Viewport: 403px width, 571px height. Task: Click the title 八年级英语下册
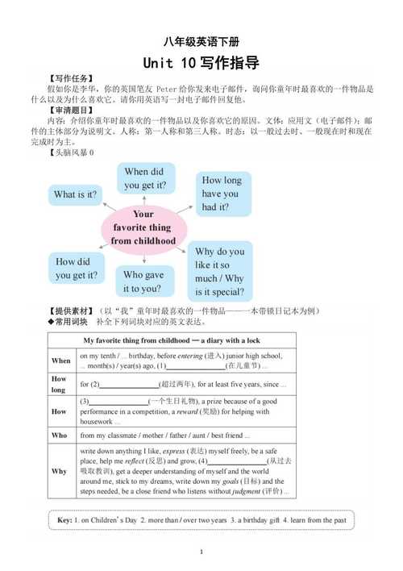point(201,42)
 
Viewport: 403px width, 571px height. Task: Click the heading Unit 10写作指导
point(201,63)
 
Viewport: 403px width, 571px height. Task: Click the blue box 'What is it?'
point(75,194)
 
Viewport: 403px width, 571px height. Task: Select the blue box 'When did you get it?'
point(144,179)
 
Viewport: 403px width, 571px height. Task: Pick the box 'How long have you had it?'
point(221,194)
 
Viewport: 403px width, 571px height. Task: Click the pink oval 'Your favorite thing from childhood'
point(143,227)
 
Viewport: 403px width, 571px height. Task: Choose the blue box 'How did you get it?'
point(77,269)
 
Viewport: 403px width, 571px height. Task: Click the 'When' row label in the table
point(61,361)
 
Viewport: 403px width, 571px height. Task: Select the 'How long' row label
point(60,384)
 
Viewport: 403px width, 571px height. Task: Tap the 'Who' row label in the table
point(60,435)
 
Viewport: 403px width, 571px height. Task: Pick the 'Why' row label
point(60,471)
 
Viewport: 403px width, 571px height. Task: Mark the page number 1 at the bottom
point(201,552)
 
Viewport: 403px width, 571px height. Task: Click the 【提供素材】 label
point(70,311)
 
